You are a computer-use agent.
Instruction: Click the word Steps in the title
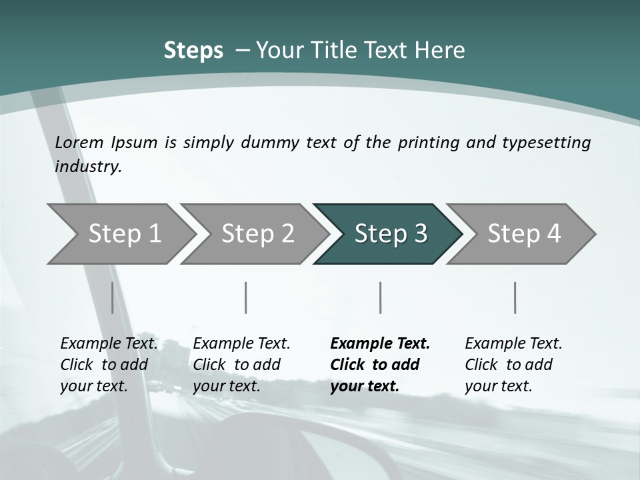[x=193, y=51]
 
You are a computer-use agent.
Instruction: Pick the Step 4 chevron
[x=523, y=234]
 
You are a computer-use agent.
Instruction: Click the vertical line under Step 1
[x=112, y=297]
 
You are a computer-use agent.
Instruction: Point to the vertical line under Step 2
[x=246, y=297]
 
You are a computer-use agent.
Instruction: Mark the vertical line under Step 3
[x=380, y=297]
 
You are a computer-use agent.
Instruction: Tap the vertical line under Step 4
[x=515, y=297]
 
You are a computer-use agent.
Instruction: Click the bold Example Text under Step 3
[x=380, y=344]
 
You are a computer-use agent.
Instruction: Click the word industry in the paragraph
[x=87, y=167]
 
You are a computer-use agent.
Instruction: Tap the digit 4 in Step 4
[x=554, y=234]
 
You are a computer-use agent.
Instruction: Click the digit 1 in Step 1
[x=155, y=234]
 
